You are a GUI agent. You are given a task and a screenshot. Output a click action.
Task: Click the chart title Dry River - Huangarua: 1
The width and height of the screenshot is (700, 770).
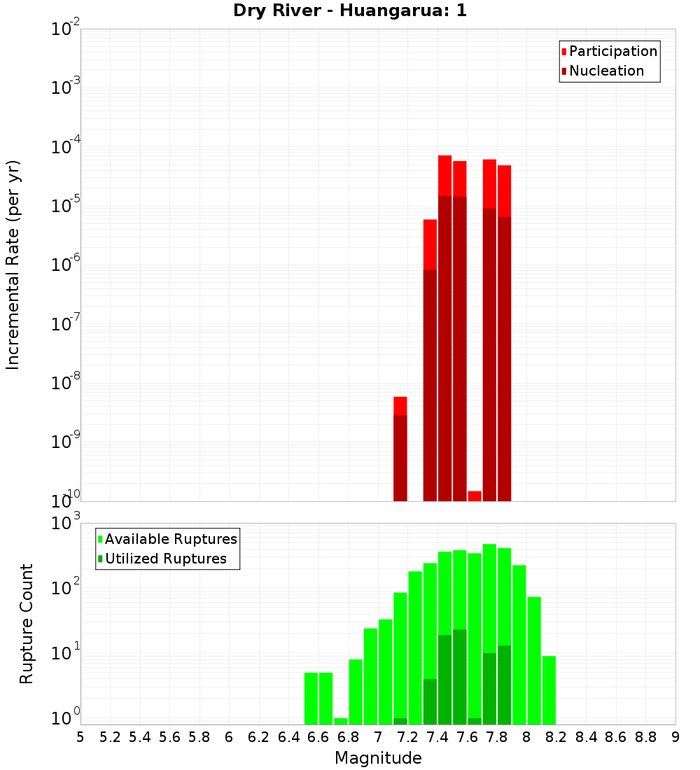click(x=350, y=10)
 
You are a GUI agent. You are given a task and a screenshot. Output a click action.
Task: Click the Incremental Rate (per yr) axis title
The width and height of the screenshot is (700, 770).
click(x=13, y=265)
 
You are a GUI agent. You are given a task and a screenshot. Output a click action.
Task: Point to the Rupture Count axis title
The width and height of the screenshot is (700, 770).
click(x=27, y=624)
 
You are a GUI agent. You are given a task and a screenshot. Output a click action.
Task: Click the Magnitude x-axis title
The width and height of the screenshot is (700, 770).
click(x=378, y=758)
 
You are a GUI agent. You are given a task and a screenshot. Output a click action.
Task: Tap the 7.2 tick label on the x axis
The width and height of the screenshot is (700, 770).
click(x=407, y=737)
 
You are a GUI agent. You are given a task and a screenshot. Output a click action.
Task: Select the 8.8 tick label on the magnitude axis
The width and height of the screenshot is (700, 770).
click(x=645, y=737)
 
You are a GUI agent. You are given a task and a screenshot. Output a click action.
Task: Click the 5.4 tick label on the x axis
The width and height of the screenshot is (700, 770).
click(x=139, y=737)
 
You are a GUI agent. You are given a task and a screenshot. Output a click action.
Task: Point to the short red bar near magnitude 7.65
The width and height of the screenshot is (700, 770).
click(x=475, y=496)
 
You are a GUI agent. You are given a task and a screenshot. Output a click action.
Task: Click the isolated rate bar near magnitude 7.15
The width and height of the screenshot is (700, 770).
click(x=400, y=448)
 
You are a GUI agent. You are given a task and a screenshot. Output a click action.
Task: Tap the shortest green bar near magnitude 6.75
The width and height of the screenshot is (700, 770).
click(x=341, y=721)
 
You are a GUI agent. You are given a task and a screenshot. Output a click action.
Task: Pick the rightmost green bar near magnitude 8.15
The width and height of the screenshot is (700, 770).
click(x=549, y=689)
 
